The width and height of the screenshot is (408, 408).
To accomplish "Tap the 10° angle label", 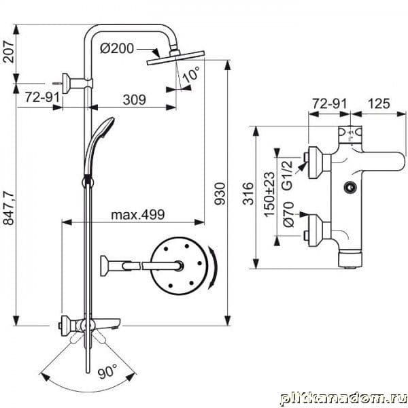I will click(x=192, y=71).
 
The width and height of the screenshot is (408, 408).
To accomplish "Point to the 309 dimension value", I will click(x=133, y=99).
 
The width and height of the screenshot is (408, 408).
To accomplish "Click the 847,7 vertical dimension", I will click(x=9, y=200).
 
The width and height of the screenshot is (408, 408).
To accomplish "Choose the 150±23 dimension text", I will click(x=269, y=188).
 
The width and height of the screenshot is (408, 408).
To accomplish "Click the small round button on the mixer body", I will click(x=350, y=186).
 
